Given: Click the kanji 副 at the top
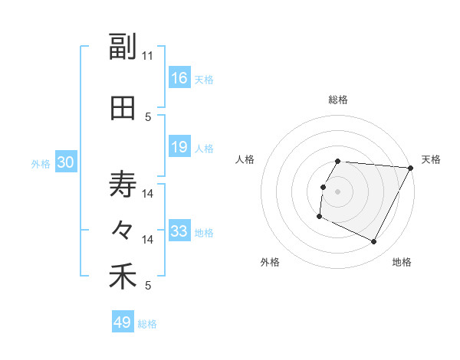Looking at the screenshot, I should click(x=123, y=47).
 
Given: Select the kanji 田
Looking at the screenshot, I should click(x=123, y=108).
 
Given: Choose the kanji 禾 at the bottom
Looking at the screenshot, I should click(x=123, y=277).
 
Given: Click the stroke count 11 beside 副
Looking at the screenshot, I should click(x=148, y=56).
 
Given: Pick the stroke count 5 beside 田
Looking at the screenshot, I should click(x=148, y=117).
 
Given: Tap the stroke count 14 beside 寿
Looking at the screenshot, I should click(x=148, y=194).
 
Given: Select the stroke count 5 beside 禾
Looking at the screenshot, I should click(x=148, y=286).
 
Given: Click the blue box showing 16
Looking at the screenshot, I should click(x=179, y=78).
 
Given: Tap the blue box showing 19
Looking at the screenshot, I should click(x=179, y=147).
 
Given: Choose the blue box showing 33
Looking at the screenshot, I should click(x=179, y=231).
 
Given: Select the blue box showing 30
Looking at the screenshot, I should click(x=65, y=162).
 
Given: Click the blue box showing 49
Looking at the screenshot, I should click(x=123, y=322).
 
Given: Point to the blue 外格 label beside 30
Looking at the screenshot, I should click(x=41, y=163).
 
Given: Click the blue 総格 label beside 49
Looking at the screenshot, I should click(x=147, y=323).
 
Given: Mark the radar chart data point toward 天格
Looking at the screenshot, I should click(x=411, y=169).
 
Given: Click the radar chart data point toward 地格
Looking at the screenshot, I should click(x=374, y=242).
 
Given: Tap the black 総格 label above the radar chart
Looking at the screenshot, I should click(x=338, y=100).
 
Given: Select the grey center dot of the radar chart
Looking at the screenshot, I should click(x=337, y=191).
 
